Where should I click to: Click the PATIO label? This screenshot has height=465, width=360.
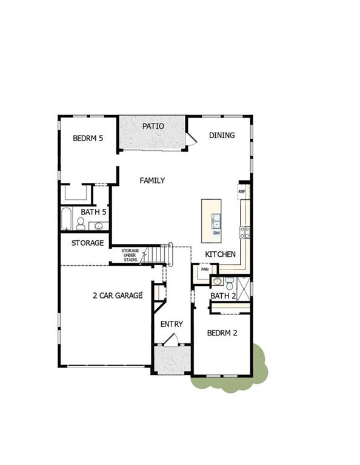coord(153,127)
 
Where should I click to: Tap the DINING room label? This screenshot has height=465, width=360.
coord(222,136)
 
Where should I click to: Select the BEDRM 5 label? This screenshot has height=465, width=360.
coord(88,138)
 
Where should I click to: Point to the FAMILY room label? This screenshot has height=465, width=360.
coord(152,180)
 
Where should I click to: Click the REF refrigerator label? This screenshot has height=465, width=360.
coord(242,192)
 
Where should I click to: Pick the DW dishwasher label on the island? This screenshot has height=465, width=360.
coord(216,233)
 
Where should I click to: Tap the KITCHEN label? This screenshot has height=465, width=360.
coord(220,254)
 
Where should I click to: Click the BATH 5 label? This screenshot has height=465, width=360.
coord(94,213)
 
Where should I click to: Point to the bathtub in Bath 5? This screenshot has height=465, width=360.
coord(67,219)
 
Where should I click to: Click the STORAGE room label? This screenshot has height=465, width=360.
coord(88,243)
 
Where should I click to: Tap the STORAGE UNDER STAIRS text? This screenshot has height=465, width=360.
coord(130,254)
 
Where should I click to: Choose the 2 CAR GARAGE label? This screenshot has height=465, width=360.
coord(118,295)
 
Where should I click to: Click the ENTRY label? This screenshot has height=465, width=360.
coord(172,325)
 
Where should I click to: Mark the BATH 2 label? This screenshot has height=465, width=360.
coord(222,296)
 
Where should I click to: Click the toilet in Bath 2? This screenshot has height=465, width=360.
coord(230,283)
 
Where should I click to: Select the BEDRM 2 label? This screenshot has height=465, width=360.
coord(222,333)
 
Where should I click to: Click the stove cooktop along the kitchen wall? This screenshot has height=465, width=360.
coord(245,231)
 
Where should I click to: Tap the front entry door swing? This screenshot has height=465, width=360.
coord(172,341)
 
